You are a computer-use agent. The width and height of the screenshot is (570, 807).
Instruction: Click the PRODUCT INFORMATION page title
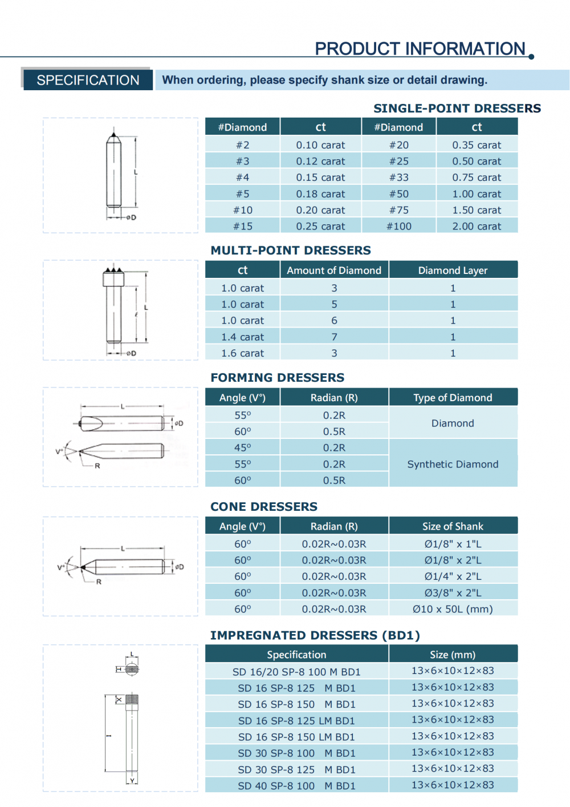point(420,49)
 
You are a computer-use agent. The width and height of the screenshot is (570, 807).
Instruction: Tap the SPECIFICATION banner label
point(88,80)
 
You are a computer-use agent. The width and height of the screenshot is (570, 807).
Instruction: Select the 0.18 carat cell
point(320,194)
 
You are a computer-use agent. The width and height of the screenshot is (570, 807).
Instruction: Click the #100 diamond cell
point(399,227)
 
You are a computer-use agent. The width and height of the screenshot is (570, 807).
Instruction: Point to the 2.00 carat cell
point(477,227)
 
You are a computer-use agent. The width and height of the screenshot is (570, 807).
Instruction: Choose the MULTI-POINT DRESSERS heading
point(291,251)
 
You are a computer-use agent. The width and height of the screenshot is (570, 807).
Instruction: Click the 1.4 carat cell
point(243,337)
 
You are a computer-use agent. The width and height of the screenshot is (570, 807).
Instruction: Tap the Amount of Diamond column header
point(334,271)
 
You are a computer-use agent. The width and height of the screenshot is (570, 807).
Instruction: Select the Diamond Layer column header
point(453,271)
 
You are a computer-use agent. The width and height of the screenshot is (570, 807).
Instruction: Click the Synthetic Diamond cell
point(453,465)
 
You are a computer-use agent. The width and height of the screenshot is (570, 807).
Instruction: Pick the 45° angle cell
point(243,448)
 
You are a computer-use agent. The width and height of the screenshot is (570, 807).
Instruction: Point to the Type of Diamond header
point(453,398)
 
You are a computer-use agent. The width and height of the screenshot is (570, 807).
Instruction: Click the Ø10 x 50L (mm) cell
point(453,610)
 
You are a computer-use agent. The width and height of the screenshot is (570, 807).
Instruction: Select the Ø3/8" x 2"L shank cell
point(453,593)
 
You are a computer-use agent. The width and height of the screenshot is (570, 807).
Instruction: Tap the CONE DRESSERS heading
point(264,507)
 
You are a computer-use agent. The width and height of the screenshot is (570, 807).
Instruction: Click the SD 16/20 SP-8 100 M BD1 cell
point(296,672)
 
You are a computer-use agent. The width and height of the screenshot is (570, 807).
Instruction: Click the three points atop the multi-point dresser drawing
point(113,269)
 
